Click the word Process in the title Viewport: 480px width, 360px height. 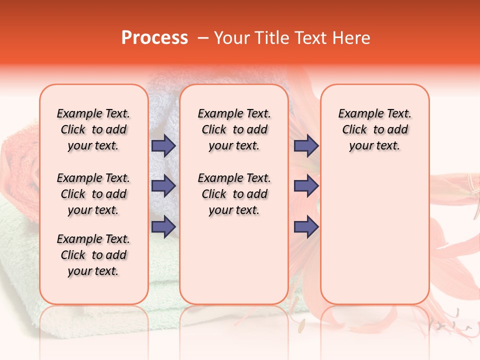(154, 38)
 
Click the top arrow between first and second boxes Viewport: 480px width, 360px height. (163, 145)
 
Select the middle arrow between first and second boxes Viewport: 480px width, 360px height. (163, 186)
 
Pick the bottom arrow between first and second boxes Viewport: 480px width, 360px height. (163, 226)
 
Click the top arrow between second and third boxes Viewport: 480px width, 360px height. (306, 145)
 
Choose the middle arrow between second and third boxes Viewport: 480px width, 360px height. (306, 186)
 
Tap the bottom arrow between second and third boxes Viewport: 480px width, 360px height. (306, 226)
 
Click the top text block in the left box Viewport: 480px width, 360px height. (93, 129)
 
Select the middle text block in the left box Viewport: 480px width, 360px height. (93, 194)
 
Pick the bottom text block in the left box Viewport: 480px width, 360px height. (93, 255)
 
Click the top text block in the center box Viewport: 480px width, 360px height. (234, 129)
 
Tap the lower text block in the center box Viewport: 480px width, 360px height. (234, 194)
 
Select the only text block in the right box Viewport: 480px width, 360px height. (374, 129)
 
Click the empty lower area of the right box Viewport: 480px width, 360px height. (374, 235)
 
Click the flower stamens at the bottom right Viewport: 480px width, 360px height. (450, 325)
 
